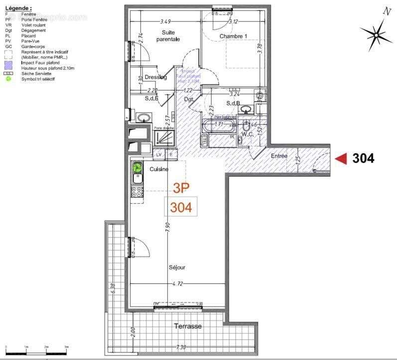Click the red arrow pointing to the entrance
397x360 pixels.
click(x=341, y=158)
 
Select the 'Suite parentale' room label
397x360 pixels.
click(x=168, y=36)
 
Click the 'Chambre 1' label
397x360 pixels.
click(x=234, y=36)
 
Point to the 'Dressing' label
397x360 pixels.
click(x=155, y=77)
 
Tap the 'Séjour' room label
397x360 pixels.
click(x=177, y=267)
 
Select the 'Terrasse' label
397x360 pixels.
click(x=188, y=326)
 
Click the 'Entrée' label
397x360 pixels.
click(x=279, y=156)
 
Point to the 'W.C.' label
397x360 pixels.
click(x=248, y=134)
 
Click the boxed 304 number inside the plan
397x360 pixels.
click(x=181, y=207)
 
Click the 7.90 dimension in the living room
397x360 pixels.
click(x=168, y=226)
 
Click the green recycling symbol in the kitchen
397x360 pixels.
click(x=137, y=168)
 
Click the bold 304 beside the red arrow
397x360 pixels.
click(x=363, y=158)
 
